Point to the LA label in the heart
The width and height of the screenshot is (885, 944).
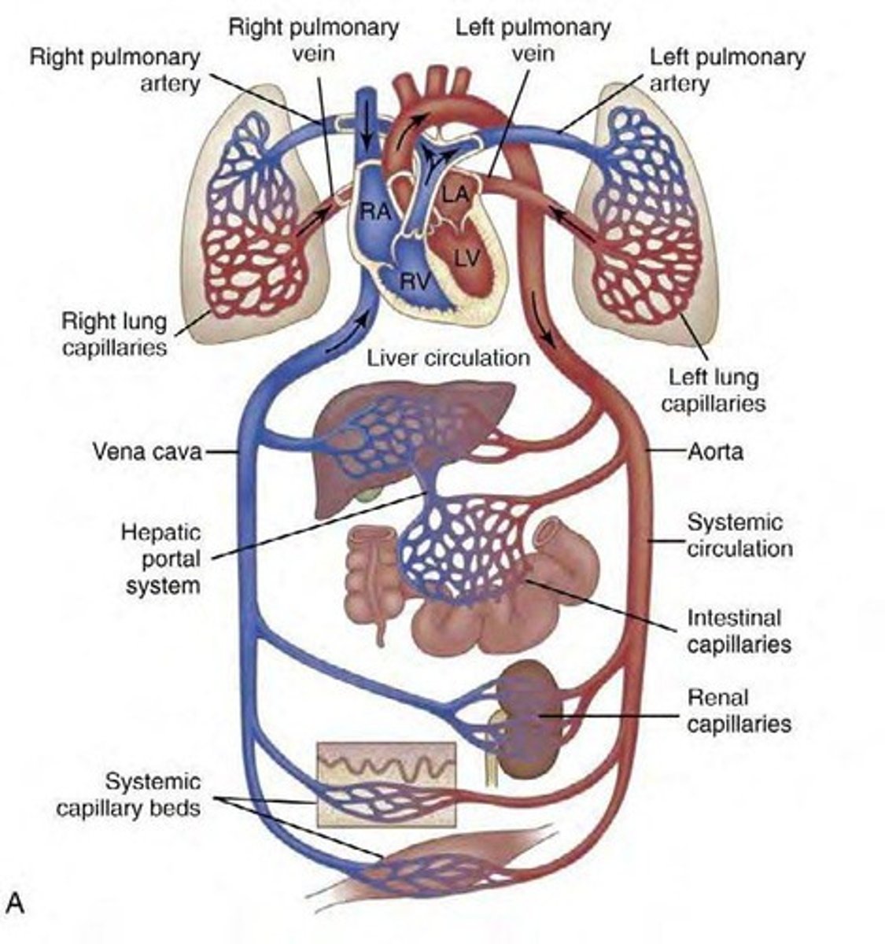(x=454, y=193)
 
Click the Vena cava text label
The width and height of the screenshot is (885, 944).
(x=147, y=452)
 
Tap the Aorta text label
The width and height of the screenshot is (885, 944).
(x=715, y=452)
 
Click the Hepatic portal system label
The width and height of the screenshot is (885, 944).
(x=160, y=559)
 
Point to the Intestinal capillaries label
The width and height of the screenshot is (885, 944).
(x=738, y=631)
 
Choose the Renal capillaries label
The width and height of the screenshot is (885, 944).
(x=738, y=710)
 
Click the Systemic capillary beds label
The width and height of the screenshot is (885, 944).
(x=129, y=795)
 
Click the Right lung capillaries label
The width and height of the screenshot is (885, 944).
(x=114, y=334)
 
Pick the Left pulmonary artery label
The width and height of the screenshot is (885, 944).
(x=727, y=69)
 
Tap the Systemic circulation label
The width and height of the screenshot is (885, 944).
(x=739, y=535)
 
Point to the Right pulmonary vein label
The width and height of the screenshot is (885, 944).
(x=313, y=39)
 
